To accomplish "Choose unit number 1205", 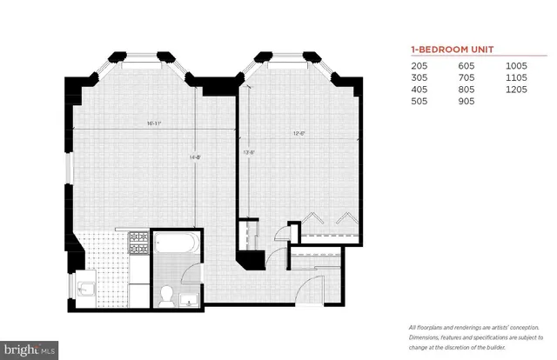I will [x=518, y=89].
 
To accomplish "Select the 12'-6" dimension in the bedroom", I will [x=299, y=133].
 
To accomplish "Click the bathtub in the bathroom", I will [x=176, y=242].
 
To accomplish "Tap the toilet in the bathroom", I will [x=164, y=293].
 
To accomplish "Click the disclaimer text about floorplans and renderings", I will [x=469, y=335].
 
